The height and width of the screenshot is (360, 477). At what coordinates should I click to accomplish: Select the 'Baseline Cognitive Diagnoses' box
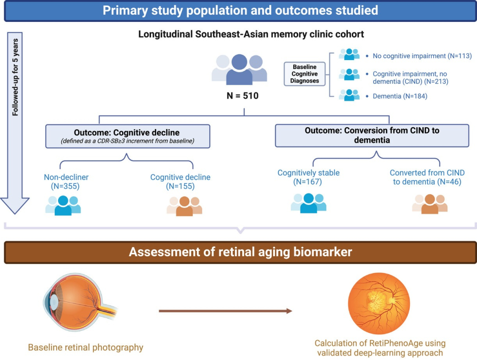(304, 74)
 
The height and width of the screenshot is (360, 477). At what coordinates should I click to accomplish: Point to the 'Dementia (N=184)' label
(400, 96)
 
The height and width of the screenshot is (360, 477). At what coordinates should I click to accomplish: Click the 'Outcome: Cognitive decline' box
(127, 136)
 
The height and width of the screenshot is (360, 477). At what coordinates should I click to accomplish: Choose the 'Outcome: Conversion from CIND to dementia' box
(372, 135)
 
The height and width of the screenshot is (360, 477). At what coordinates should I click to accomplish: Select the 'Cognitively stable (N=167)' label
(308, 177)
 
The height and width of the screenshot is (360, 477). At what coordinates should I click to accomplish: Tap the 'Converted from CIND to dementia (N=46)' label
(427, 177)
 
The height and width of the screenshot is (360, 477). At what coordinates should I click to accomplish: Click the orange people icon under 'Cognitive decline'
(184, 206)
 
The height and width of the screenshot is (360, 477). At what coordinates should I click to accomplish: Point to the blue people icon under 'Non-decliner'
(63, 205)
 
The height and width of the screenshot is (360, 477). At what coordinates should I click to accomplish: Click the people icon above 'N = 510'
(239, 69)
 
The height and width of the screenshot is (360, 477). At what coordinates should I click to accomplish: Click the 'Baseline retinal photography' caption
(85, 348)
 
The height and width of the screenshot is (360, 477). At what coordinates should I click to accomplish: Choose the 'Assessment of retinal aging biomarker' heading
(240, 252)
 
